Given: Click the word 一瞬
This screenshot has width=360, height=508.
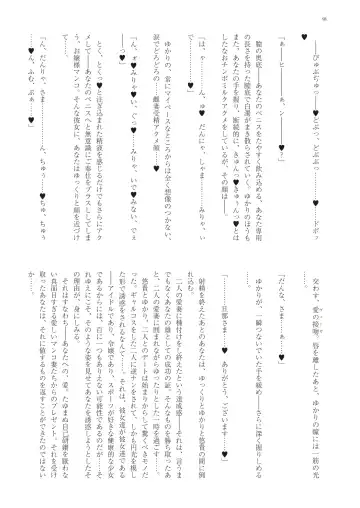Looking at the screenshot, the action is pos(265,160).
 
